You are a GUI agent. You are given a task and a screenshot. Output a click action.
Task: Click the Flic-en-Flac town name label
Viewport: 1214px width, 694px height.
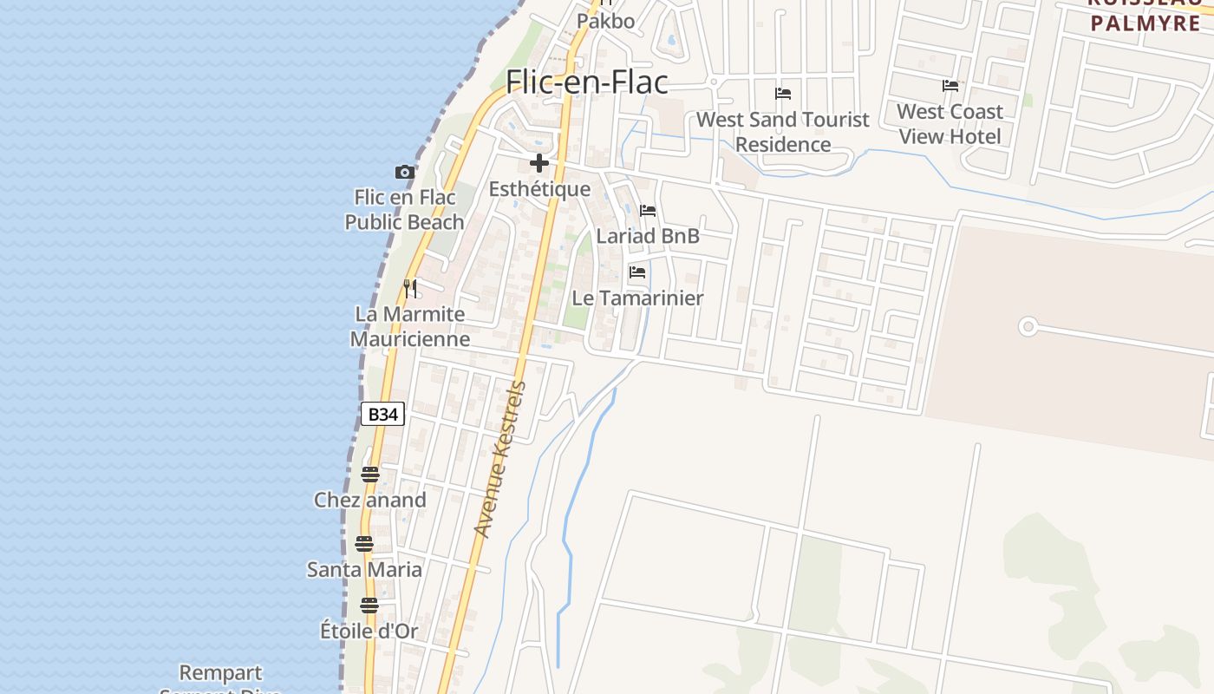point(587,82)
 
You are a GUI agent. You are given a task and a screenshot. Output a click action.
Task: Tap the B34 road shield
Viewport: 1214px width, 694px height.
point(382,414)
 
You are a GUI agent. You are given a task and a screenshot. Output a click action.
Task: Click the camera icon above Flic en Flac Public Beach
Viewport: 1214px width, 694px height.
point(404,172)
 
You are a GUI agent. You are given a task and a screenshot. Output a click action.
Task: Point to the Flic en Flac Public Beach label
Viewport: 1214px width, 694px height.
point(404,210)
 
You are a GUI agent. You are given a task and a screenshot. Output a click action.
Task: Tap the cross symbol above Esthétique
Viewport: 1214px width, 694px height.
point(539,163)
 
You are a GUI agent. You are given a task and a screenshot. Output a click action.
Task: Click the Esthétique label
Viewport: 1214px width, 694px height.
point(539,189)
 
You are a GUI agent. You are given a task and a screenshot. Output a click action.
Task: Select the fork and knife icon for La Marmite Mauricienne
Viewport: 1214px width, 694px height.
point(410,288)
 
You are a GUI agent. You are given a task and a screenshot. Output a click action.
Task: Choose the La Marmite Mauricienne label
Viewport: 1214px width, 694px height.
point(410,326)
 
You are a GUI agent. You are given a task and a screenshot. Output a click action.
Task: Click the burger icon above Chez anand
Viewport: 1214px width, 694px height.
point(370,475)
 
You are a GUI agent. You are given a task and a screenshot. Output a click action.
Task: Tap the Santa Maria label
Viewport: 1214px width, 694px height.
point(364,570)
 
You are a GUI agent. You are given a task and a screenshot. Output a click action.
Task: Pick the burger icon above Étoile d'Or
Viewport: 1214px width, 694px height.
point(369,606)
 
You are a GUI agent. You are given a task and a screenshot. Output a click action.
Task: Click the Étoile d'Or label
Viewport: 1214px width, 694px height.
point(369,631)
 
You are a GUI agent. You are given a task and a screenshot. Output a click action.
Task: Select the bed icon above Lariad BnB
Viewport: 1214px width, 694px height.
point(648,211)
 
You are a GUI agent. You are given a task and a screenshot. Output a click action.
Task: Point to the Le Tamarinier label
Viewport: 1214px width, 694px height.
point(637,298)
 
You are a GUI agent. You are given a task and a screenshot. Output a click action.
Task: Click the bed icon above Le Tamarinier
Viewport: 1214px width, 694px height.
point(637,272)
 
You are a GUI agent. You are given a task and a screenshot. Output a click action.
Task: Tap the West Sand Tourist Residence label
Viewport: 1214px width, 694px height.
point(783,132)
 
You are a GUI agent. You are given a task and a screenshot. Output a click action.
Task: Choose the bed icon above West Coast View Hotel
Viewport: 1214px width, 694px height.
point(950,86)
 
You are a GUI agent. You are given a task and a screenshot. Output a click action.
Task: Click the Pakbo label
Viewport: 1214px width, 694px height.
point(606,21)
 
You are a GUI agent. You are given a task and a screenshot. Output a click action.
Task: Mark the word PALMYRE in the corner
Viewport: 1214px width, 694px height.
point(1145,23)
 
